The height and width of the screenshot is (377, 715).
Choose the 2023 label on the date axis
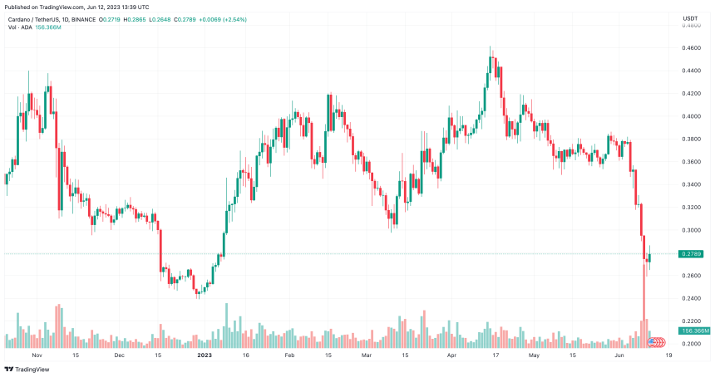click(x=203, y=355)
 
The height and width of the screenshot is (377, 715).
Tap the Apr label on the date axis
click(x=452, y=355)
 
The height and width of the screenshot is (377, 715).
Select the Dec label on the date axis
click(x=119, y=355)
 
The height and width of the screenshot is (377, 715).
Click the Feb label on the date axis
click(x=289, y=355)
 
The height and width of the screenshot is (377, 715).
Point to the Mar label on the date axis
click(x=366, y=355)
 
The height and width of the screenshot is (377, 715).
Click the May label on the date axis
click(x=535, y=355)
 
